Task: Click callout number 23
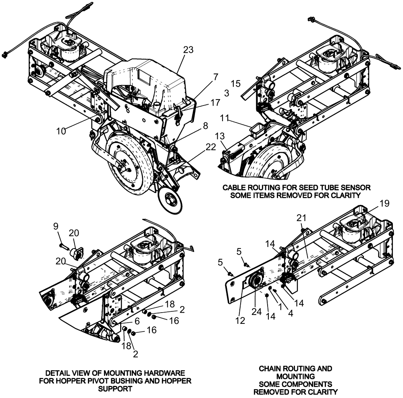coord(188,50)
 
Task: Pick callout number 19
coord(384,203)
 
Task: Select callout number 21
coord(302,218)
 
